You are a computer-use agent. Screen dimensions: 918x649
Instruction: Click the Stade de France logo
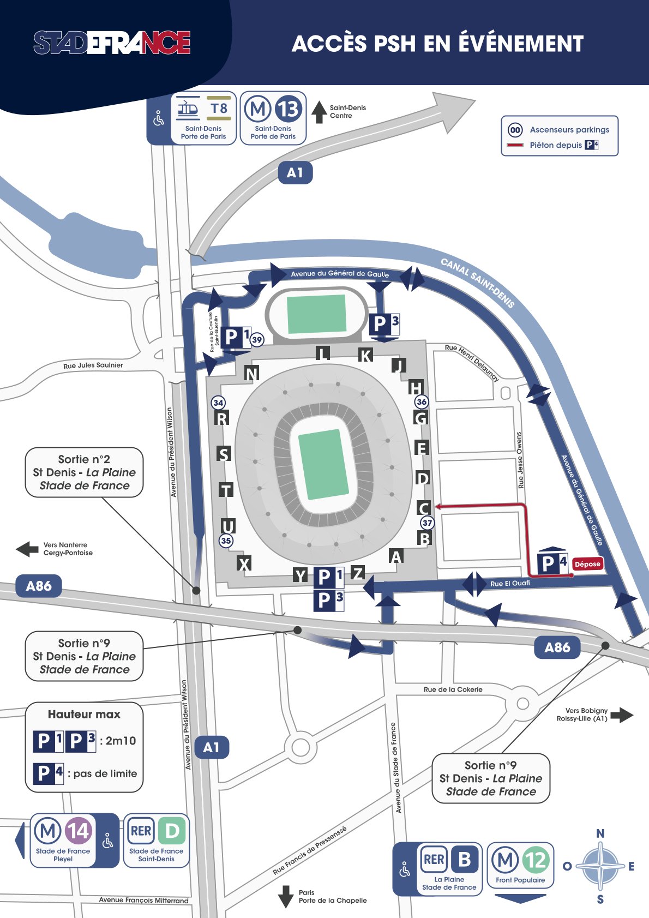point(112,43)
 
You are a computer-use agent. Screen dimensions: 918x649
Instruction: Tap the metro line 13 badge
point(288,109)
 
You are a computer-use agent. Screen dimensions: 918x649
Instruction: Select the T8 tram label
point(219,109)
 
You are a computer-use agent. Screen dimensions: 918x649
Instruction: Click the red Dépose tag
point(587,564)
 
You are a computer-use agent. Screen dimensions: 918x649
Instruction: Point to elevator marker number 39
point(257,339)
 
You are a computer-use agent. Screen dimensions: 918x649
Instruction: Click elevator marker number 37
point(427,523)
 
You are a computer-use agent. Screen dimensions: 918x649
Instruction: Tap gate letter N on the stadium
point(251,374)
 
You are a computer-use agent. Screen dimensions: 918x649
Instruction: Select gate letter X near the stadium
point(244,564)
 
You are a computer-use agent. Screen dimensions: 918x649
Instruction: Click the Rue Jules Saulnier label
point(93,365)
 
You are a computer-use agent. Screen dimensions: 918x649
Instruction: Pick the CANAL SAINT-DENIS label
point(478,283)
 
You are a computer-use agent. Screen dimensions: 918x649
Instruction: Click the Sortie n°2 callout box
point(85,472)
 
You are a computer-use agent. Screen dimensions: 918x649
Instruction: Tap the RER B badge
point(464,860)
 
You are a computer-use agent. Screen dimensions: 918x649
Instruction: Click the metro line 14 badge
point(78,831)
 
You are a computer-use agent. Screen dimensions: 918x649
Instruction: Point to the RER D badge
point(172,831)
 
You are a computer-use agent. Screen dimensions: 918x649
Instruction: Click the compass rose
point(600,866)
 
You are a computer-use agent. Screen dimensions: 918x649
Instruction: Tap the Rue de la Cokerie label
point(453,689)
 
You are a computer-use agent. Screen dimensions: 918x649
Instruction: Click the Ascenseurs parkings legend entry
point(569,130)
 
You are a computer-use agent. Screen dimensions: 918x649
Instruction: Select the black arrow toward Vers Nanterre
point(27,549)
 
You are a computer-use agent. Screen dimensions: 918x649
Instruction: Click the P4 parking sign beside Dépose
point(553,562)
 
